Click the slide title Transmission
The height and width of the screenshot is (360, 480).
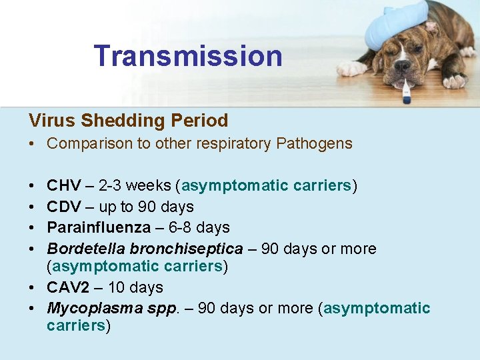point(188,56)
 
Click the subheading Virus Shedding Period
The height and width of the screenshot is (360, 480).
point(128,121)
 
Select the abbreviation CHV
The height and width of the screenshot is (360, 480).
point(64,185)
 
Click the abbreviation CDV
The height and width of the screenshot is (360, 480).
point(64,207)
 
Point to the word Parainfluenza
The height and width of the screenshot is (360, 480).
point(99,227)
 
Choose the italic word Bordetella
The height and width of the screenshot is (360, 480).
point(86,249)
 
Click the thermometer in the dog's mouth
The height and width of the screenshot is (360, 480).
point(405,89)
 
